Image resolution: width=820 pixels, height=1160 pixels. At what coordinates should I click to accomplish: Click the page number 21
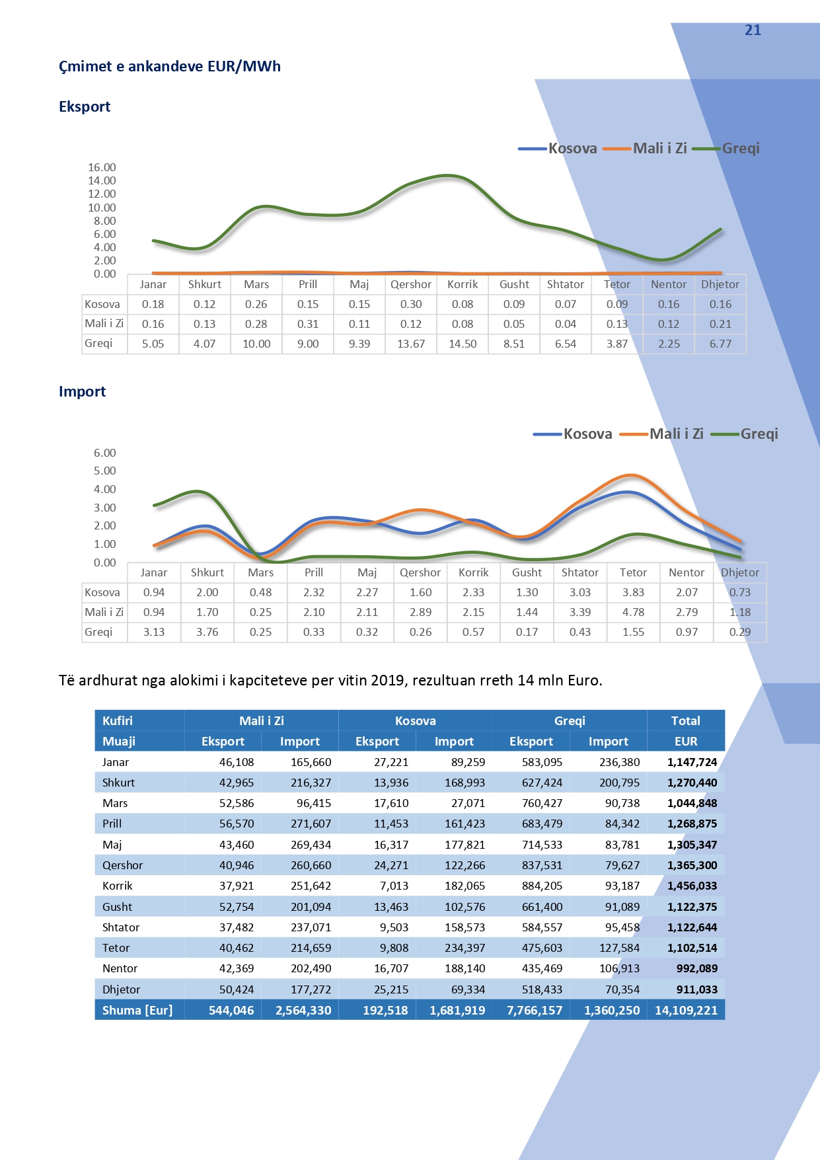pos(753,30)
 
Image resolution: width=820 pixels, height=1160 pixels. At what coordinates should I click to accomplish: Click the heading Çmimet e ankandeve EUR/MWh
pos(170,66)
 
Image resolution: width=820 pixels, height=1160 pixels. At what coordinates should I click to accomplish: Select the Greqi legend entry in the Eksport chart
pos(740,148)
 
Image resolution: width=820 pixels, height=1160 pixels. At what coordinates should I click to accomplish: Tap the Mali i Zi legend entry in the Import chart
pos(675,434)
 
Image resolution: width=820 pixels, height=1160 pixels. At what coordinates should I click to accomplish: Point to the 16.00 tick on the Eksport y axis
pos(102,167)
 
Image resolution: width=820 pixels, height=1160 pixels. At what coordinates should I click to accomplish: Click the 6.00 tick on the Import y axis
pos(104,453)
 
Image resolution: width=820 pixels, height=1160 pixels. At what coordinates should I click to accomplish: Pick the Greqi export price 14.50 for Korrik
pos(463,344)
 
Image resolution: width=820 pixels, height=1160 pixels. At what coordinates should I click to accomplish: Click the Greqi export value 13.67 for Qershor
pos(411,344)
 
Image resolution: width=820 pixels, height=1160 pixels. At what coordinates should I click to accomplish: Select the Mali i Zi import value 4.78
pos(633,612)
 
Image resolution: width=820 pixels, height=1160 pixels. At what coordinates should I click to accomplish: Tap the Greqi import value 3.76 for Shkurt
pos(207,632)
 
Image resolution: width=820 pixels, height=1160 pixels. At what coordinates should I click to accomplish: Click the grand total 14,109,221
pos(686,1010)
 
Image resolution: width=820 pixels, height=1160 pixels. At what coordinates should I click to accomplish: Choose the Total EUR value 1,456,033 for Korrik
pos(692,886)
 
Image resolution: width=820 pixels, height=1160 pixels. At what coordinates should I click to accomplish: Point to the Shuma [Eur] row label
pos(137,1010)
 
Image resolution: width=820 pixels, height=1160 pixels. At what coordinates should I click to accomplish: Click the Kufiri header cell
pos(118,720)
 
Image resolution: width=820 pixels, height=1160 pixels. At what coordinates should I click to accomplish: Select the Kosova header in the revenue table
pos(415,720)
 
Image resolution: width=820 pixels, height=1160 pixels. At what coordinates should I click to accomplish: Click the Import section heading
pos(83,391)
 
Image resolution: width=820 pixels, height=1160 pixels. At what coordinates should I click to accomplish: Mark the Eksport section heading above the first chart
pos(85,106)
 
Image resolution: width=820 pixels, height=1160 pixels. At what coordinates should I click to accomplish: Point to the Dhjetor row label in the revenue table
pos(122,989)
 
